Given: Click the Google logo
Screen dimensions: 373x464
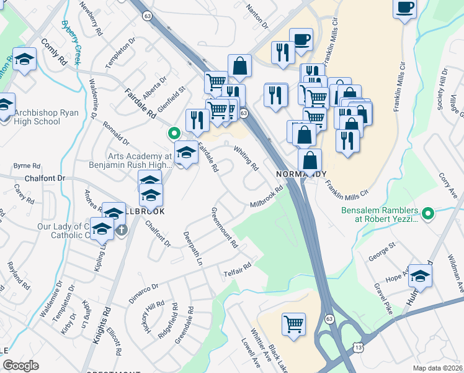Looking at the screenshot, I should pos(21,366).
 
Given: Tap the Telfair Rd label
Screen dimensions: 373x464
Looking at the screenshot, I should pos(237,269).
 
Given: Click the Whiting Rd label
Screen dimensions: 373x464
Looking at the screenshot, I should pos(246,158).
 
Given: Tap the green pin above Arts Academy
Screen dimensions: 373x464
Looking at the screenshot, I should pos(174,132).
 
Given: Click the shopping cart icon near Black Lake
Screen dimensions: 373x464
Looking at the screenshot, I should pos(293,323).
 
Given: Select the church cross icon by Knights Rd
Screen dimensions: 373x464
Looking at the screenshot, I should pos(122,229).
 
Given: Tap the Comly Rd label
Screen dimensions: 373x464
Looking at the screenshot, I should pos(54,53).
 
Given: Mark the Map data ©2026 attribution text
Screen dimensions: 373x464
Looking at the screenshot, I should pos(437,368).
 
